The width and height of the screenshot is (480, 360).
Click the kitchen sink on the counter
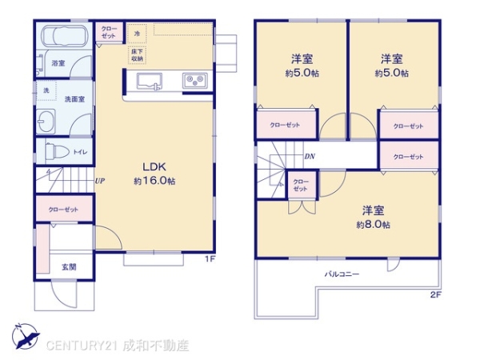point(150,81)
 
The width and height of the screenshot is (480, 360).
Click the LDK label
point(154,166)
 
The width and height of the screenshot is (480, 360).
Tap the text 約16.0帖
point(154,181)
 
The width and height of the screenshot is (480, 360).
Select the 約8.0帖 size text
point(374,225)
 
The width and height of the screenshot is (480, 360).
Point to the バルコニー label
point(342,274)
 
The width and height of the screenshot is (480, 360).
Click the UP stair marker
point(100,181)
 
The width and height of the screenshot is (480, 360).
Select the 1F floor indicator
point(209,259)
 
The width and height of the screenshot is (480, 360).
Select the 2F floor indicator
point(435,295)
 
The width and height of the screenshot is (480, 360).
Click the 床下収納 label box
point(137,55)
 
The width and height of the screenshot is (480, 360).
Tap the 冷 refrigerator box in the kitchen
point(137,34)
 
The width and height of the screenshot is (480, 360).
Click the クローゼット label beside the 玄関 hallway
point(63,209)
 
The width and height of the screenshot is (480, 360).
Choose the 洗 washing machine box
point(46,90)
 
